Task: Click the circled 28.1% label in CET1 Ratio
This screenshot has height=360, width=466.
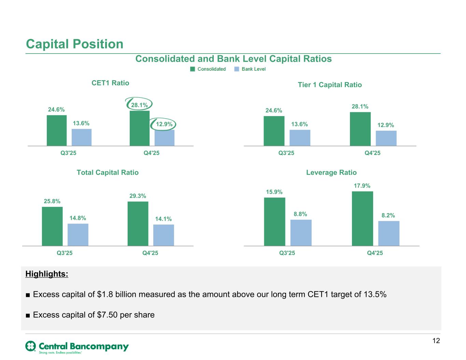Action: pyautogui.click(x=139, y=105)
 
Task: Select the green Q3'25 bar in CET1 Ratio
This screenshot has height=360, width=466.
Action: pyautogui.click(x=57, y=130)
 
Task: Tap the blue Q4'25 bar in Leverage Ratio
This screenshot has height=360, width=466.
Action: pyautogui.click(x=389, y=233)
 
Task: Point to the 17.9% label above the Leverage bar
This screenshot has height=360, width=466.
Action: pyautogui.click(x=362, y=186)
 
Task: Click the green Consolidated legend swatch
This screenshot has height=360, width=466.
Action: pyautogui.click(x=193, y=69)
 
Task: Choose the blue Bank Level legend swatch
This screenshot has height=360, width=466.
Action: pyautogui.click(x=237, y=69)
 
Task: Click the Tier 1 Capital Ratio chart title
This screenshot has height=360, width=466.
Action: pyautogui.click(x=329, y=85)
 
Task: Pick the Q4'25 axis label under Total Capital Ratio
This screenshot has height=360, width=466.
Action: pyautogui.click(x=150, y=253)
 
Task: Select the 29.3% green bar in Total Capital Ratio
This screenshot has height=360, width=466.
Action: pyautogui.click(x=138, y=224)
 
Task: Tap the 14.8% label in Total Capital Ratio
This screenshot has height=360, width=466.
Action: pyautogui.click(x=78, y=218)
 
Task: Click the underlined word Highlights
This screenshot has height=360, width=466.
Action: pyautogui.click(x=47, y=274)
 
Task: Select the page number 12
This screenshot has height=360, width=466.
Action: pyautogui.click(x=436, y=341)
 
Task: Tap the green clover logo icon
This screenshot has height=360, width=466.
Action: pyautogui.click(x=31, y=346)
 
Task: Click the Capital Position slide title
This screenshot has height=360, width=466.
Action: pyautogui.click(x=74, y=44)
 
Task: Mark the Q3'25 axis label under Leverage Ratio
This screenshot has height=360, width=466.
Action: pyautogui.click(x=287, y=253)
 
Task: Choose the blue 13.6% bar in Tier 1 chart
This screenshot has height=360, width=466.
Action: pyautogui.click(x=300, y=138)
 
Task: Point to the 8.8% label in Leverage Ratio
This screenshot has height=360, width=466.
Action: pyautogui.click(x=300, y=214)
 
